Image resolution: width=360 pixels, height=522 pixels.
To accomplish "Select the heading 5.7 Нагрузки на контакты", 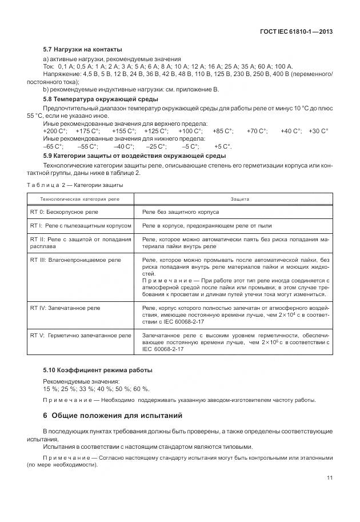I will coord(82,49).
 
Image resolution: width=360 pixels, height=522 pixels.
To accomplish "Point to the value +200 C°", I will coord(55,131).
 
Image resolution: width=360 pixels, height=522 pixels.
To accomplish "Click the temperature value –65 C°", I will coord(54,146).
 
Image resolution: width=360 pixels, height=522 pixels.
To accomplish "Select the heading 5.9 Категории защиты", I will coord(134,156).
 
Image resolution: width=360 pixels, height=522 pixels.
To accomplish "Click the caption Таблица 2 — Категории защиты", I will coord(75,185).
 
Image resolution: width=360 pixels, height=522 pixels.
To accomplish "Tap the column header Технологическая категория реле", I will coord(79,198).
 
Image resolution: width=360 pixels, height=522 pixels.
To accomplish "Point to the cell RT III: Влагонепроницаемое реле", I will coord(75,260).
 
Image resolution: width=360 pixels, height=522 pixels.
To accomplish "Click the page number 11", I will coord(330,479).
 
